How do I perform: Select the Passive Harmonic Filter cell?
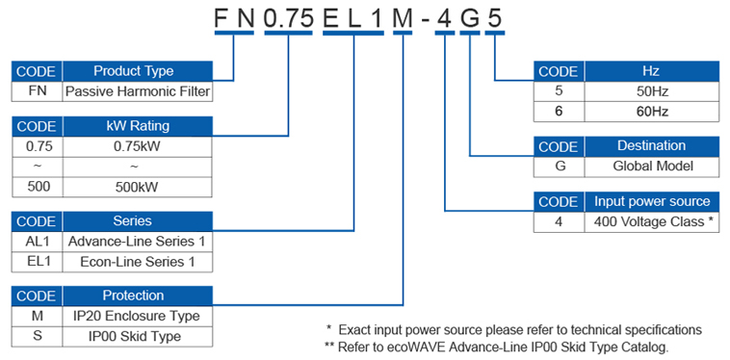(137, 91)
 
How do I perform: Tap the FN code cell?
(37, 91)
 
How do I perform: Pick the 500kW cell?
(137, 185)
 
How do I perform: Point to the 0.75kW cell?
(137, 146)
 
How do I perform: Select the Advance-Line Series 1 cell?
(137, 241)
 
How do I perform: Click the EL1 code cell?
(37, 261)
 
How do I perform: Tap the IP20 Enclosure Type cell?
(137, 316)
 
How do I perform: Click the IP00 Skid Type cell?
(137, 336)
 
